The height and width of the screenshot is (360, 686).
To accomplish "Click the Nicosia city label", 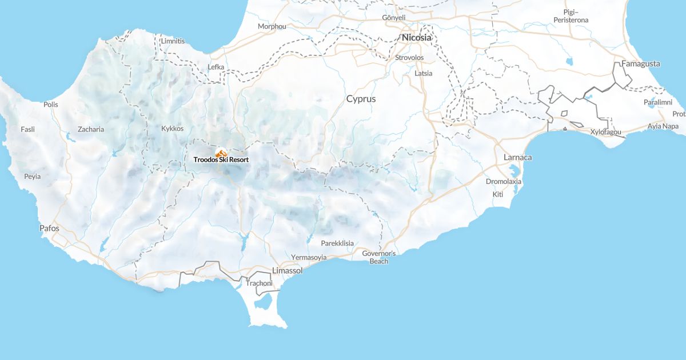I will click(x=417, y=38).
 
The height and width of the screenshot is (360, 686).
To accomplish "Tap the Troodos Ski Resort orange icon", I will click(x=221, y=153).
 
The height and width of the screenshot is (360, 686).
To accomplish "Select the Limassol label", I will click(x=288, y=270).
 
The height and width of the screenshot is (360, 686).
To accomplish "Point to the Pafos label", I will click(x=49, y=228).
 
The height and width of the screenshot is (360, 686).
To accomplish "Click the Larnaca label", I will click(x=518, y=157).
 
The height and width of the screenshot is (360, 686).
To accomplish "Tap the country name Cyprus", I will click(x=361, y=99).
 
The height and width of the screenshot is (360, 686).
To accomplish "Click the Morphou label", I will click(x=272, y=26).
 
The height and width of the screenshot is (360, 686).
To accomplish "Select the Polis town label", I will click(x=51, y=105).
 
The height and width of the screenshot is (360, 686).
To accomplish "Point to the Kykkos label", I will click(x=173, y=129).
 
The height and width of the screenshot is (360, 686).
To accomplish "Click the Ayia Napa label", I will click(x=663, y=126).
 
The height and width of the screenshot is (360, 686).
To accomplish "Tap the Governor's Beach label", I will click(x=379, y=257).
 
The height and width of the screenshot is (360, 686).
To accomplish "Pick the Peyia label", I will click(x=33, y=177).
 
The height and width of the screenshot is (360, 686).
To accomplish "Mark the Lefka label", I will click(x=216, y=67).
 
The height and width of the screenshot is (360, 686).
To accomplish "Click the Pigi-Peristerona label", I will click(x=571, y=16).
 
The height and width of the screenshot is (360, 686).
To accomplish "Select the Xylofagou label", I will click(x=606, y=132).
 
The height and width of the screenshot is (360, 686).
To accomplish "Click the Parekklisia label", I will click(x=337, y=243).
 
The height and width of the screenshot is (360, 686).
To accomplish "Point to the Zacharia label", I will click(x=91, y=129).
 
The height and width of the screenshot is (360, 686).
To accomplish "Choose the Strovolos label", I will click(x=409, y=58).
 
